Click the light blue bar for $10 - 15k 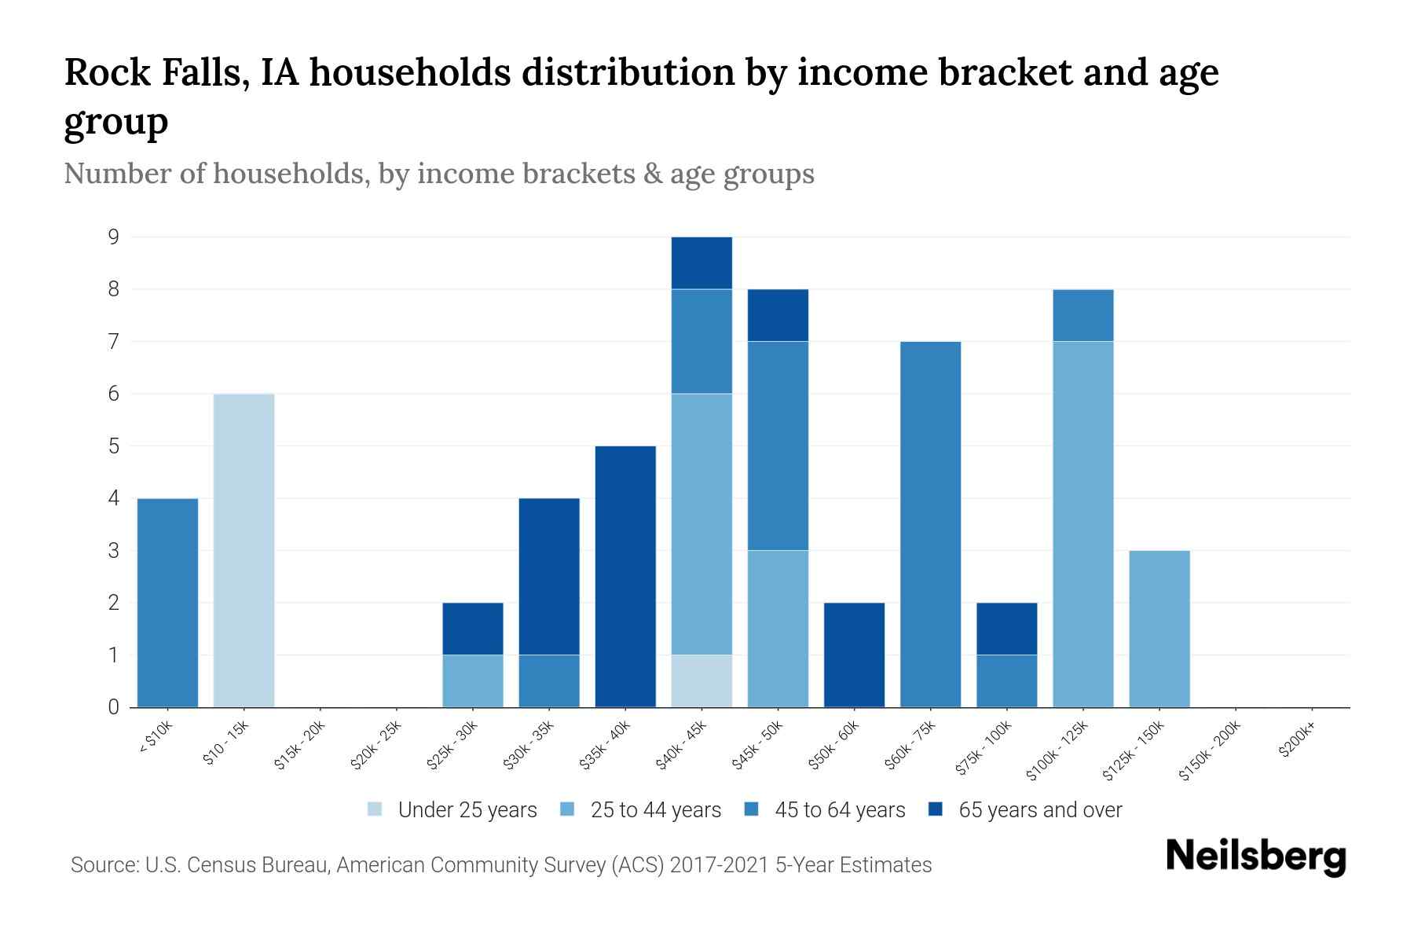pos(244,550)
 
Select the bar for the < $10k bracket pos(167,603)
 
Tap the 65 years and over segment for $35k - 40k pos(625,576)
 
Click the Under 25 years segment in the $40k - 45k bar pos(702,681)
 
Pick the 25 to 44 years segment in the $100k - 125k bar pos(1082,524)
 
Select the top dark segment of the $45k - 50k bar pos(778,315)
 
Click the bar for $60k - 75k pos(930,524)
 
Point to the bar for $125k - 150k pos(1159,629)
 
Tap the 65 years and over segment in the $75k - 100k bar pos(1006,629)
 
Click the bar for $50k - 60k pos(854,655)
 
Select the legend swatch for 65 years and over pos(935,809)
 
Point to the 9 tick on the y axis pos(114,237)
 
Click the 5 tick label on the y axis pos(114,446)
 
